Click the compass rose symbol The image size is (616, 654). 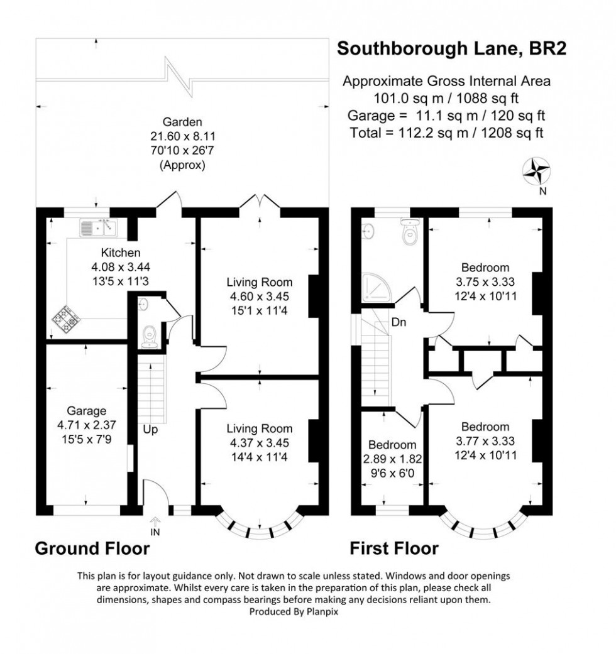pos(537,170)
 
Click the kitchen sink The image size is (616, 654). pos(99,227)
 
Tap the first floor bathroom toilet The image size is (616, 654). pos(410,236)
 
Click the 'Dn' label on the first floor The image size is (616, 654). pos(399,323)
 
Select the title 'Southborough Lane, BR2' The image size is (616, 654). pos(452,49)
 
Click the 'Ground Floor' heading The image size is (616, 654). pos(92,548)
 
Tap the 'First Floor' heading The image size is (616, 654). pos(394,548)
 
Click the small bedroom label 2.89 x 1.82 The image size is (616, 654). pos(392,459)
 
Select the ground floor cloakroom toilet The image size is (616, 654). pos(150,334)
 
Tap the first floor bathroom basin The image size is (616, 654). pos(369,231)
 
